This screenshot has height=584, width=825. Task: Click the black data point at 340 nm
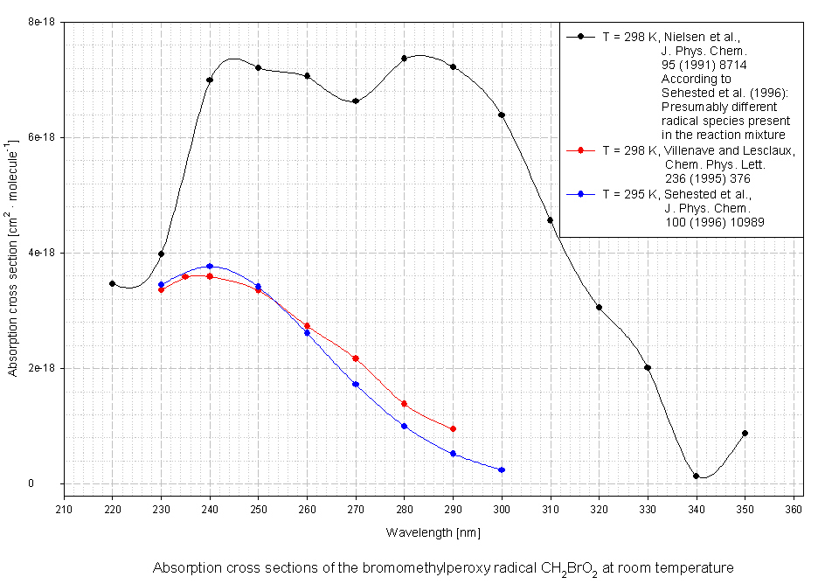697,476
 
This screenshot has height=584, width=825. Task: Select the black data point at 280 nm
405,59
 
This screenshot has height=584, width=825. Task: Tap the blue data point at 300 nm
502,470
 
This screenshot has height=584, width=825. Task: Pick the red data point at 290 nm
453,428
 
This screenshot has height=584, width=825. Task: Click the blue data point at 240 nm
210,266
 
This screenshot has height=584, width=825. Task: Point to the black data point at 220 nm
113,283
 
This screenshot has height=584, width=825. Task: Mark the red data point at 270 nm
356,358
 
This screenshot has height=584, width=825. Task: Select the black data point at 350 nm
745,433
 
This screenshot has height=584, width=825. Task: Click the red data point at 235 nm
185,276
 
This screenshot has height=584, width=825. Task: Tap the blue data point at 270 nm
356,384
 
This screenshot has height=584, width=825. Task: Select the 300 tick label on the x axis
502,508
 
